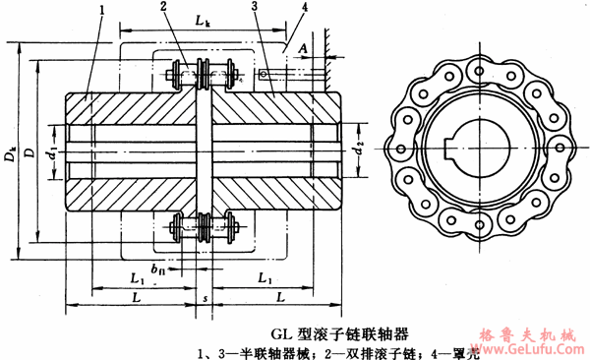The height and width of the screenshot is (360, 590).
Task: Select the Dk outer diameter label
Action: click(x=12, y=155)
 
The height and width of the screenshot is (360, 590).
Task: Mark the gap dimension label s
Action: click(x=204, y=296)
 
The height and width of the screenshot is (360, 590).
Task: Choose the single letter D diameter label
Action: click(x=34, y=155)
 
